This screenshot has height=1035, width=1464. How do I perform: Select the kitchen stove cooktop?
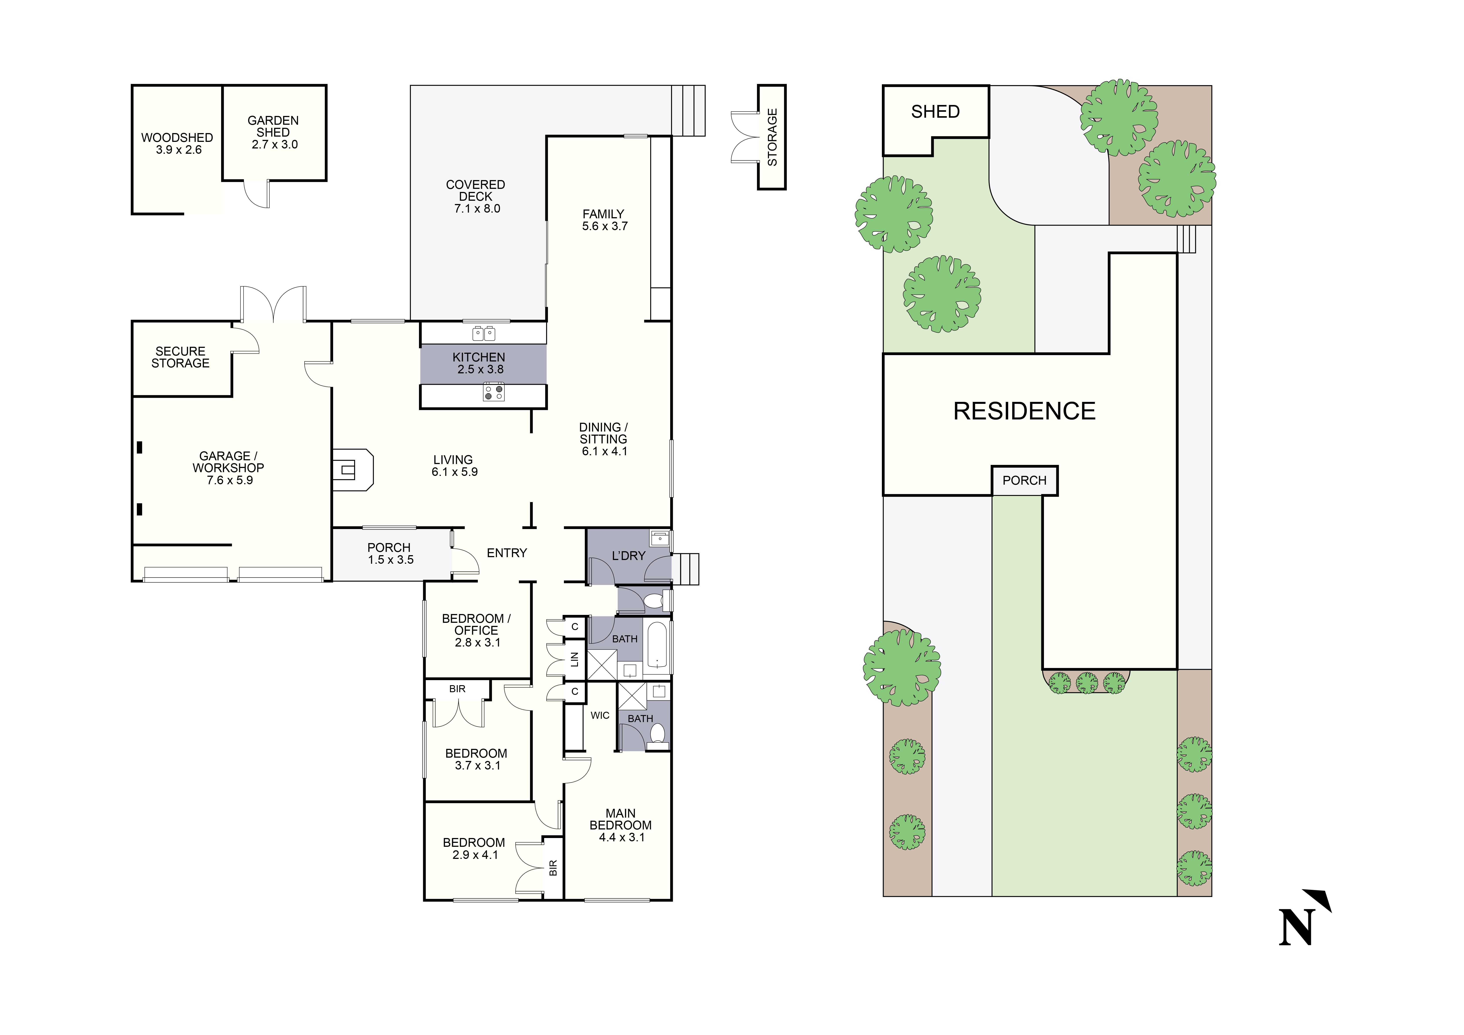pos(493,392)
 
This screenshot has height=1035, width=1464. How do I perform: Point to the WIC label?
pos(599,715)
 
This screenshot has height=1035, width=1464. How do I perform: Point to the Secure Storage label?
pos(181,357)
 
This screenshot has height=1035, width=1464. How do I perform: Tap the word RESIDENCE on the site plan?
pos(1024,411)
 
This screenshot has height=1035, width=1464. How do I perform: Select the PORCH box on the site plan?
pos(1024,480)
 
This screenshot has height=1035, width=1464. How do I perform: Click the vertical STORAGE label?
pos(772,137)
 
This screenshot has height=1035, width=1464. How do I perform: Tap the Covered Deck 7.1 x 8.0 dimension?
pos(477,209)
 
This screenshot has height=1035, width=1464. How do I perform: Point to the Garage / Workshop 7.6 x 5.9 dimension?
pos(229,480)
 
